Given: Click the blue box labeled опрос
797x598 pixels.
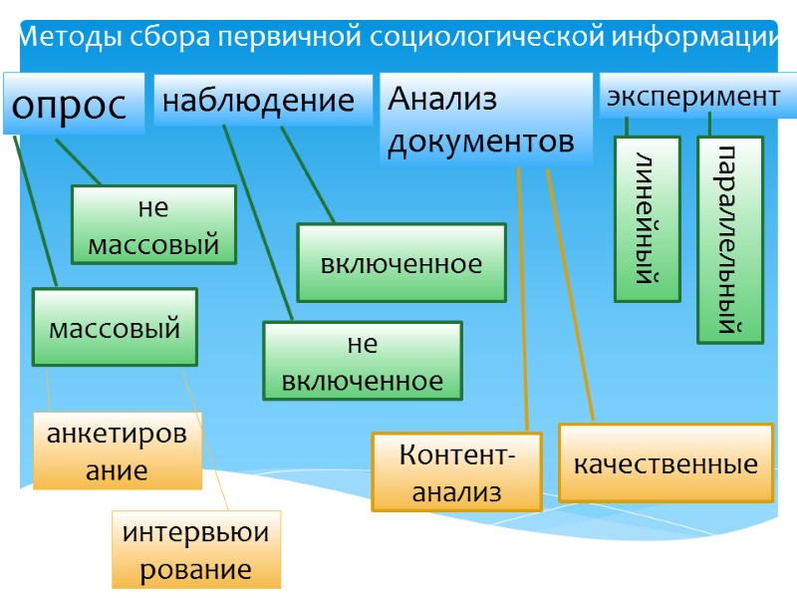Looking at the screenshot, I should click(73, 104).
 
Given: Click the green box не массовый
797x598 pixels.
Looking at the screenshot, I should click(153, 225).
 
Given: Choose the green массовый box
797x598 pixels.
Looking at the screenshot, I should click(115, 327).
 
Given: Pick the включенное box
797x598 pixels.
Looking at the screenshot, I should click(401, 263).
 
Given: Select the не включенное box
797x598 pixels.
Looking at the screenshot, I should click(363, 361).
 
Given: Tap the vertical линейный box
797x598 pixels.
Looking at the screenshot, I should click(647, 219).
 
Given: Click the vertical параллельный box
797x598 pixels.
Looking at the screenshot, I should click(729, 239).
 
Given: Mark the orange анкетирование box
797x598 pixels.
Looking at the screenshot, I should click(118, 451).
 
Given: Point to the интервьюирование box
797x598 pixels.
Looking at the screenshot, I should click(196, 550).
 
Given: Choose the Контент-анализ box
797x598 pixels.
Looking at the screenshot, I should click(456, 472).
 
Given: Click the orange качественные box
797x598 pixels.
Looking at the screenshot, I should click(665, 462).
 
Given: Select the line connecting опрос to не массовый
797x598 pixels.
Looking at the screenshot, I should click(78, 162).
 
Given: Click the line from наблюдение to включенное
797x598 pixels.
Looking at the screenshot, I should click(308, 174).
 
